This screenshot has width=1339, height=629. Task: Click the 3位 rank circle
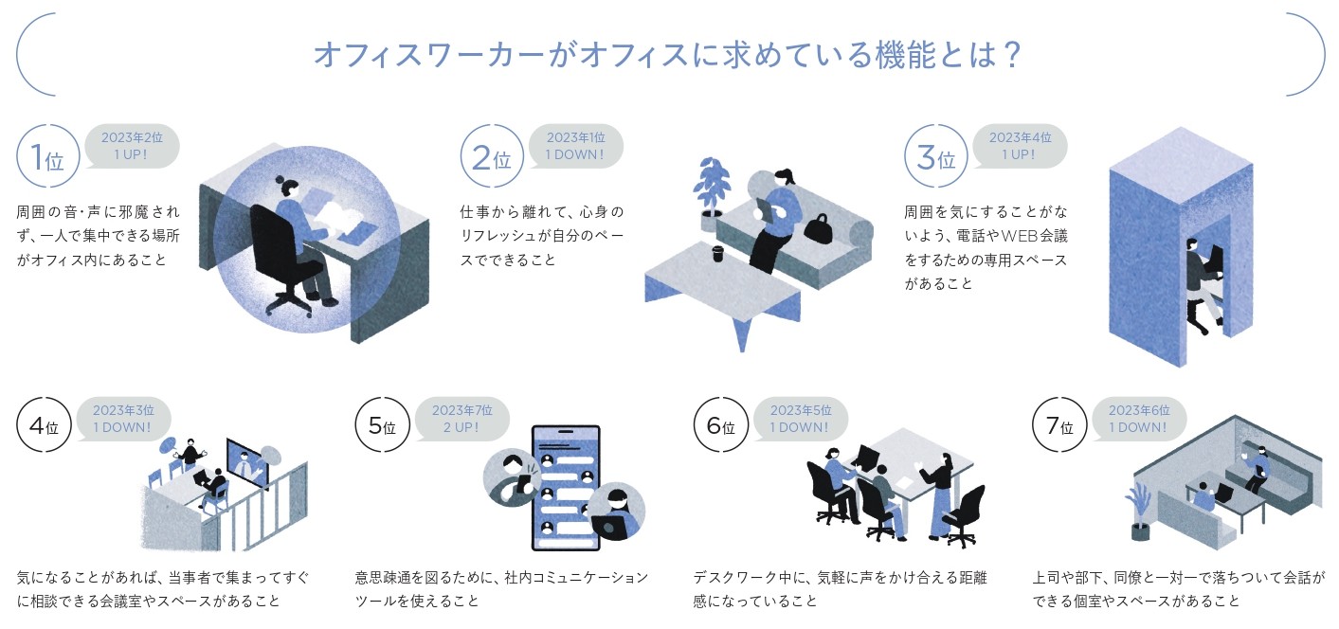(931, 156)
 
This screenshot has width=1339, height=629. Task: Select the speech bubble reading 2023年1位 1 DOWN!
(574, 146)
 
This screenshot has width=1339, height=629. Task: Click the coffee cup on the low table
(717, 254)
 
